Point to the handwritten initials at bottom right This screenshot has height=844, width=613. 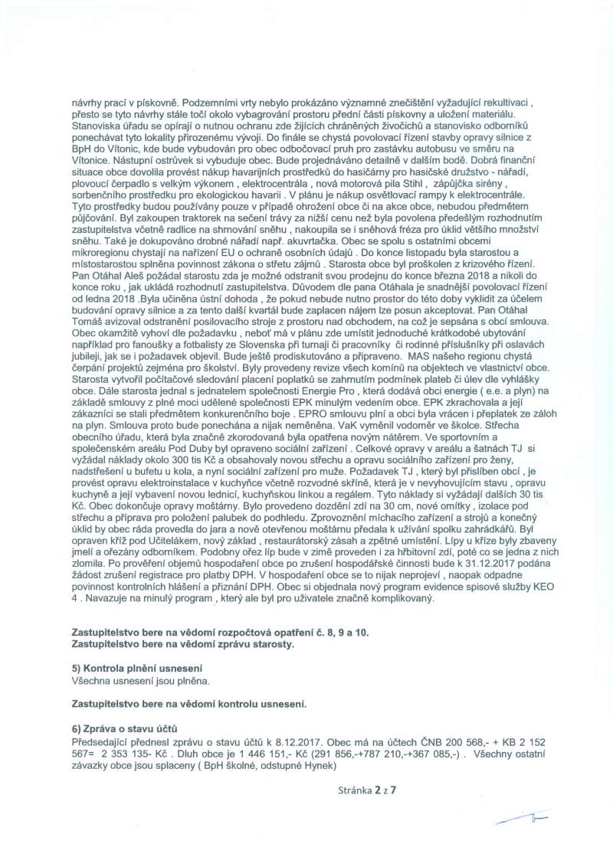[514, 821]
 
